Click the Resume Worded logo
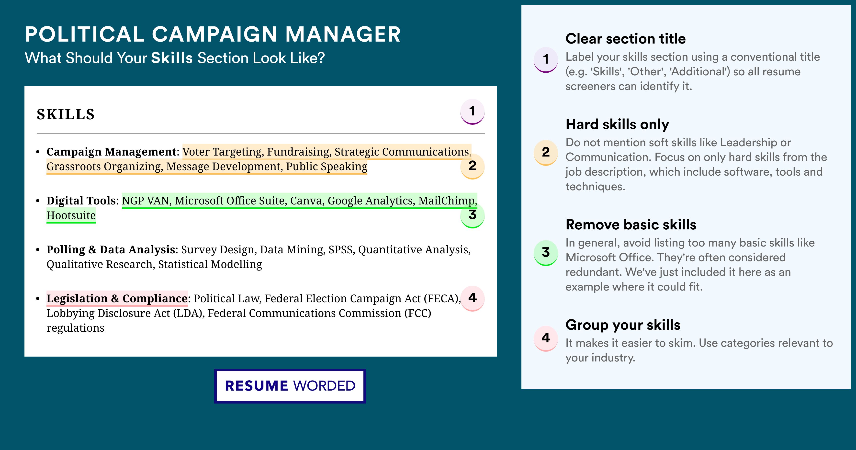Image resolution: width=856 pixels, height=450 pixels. pos(290,386)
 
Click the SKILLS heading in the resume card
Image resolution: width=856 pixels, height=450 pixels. pos(66,114)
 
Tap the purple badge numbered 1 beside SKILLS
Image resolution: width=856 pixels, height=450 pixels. pos(472,112)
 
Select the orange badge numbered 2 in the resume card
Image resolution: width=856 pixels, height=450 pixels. pos(472,166)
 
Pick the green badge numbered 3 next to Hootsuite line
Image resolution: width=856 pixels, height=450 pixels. pos(472,215)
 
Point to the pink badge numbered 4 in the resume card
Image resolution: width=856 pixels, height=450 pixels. pos(472,298)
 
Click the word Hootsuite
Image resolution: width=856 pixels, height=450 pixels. pos(71,215)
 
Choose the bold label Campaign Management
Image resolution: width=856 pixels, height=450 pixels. pos(111,152)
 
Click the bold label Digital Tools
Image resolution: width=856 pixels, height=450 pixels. pos(81,201)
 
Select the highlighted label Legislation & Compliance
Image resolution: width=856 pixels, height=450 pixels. pos(117,298)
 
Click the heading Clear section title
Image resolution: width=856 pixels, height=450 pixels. pos(625,39)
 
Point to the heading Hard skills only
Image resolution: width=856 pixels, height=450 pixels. pos(617,125)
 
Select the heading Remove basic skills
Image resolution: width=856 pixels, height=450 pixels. pos(631,225)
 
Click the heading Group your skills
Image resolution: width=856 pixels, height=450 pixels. pos(623,325)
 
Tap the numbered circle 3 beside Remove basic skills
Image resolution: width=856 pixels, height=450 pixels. pos(546,253)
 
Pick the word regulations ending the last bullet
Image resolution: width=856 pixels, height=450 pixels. pos(75,328)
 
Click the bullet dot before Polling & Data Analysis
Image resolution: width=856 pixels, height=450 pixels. pos(38,250)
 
